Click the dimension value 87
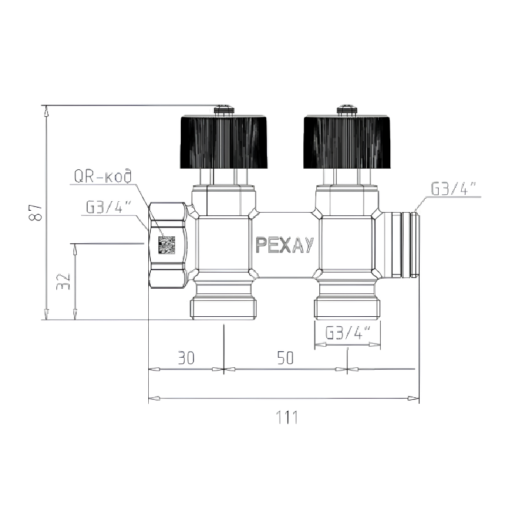tap(36, 213)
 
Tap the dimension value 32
tap(63, 282)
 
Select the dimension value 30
tap(186, 358)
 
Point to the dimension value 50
tap(285, 358)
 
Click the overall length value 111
tap(287, 417)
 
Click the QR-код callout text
tap(103, 176)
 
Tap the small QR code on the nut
tap(167, 245)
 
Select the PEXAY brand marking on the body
tap(284, 245)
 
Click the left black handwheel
tap(224, 142)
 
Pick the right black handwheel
tap(347, 142)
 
